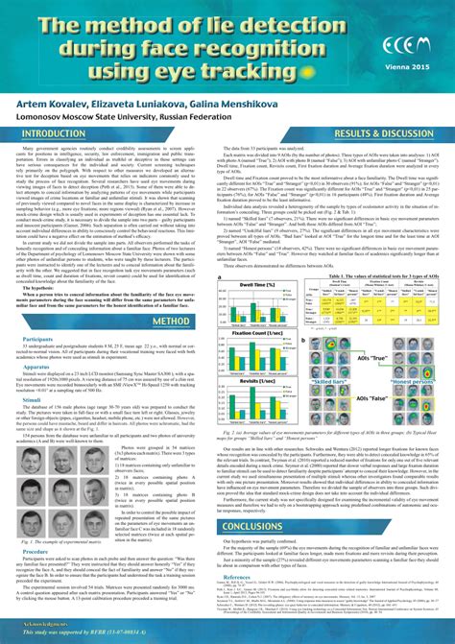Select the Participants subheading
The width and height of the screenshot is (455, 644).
pyautogui.click(x=38, y=311)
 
